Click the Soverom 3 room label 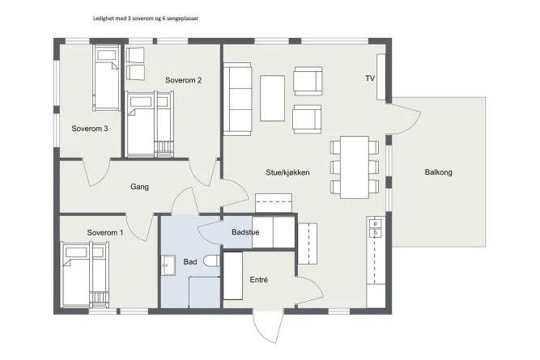coord(90,129)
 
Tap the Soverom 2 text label coord(183,80)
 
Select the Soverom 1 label coord(105,233)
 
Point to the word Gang coord(139,187)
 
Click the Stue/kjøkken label coord(287,172)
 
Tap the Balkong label coord(439,172)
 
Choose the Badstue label coord(245,232)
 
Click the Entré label coord(258,280)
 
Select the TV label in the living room coord(370,78)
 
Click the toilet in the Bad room coord(211,260)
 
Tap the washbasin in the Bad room coord(168,265)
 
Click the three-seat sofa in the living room coord(237,99)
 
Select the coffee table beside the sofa coord(272,99)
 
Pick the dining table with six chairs coord(355,167)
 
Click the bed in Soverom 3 coord(106,78)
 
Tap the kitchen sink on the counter coord(376,229)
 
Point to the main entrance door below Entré coord(269,326)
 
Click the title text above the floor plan coord(146,19)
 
